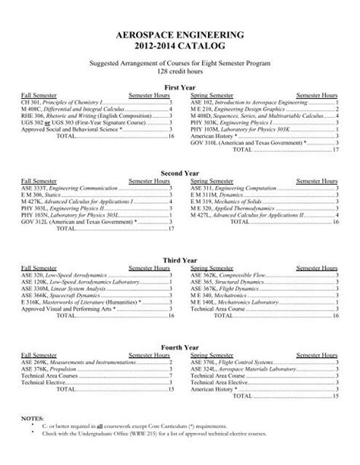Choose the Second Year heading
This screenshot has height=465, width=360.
(x=180, y=173)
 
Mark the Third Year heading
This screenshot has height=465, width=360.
(x=180, y=259)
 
